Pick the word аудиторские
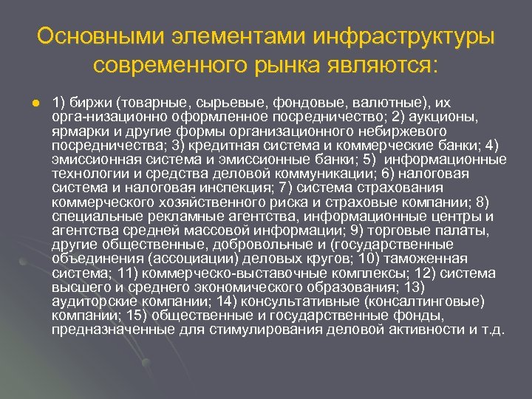[x=90, y=302]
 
